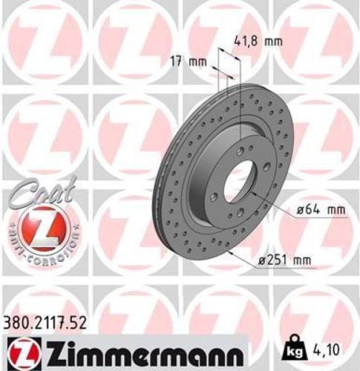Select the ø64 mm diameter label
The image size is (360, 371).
click(x=321, y=210)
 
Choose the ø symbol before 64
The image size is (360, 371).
click(x=301, y=210)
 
